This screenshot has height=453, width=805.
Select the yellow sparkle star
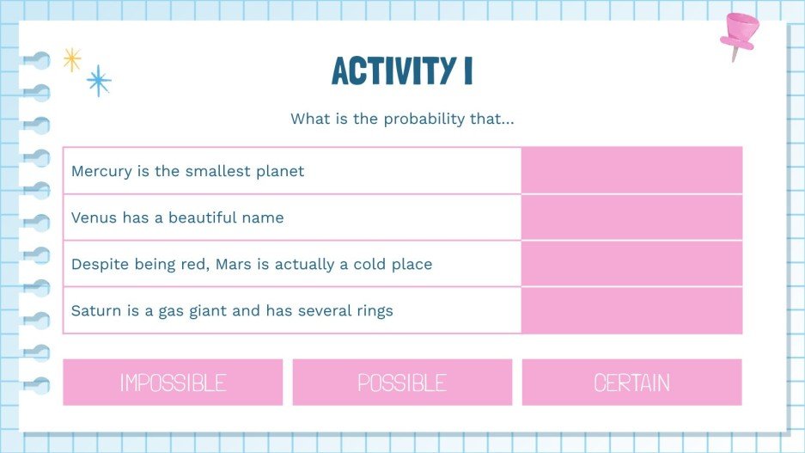click(x=72, y=59)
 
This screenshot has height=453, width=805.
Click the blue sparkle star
click(x=99, y=81)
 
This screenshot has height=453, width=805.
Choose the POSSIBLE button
click(x=402, y=383)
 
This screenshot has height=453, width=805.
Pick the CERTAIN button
click(x=631, y=383)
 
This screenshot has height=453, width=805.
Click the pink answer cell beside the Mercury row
click(x=631, y=170)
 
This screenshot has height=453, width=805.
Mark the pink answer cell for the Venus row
click(x=631, y=217)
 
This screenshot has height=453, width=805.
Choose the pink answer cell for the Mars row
click(x=631, y=264)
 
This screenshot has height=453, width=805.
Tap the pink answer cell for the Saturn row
click(x=631, y=310)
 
